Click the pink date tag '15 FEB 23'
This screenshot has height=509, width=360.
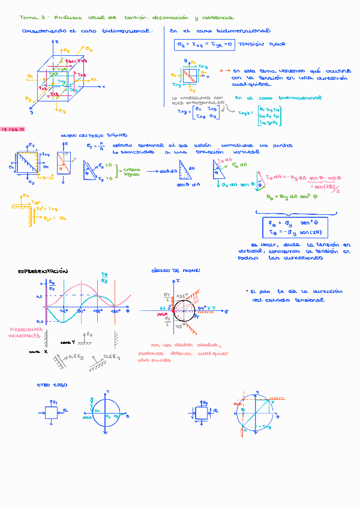tap(13, 129)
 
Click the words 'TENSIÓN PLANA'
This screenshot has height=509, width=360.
tap(262, 44)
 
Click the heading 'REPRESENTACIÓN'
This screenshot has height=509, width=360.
tap(43, 271)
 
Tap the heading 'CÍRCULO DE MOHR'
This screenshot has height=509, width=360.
tap(171, 271)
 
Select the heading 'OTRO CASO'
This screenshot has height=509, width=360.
tap(52, 385)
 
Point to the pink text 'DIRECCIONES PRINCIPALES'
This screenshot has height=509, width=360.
tap(25, 333)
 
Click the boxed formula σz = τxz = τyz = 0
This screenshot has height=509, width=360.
tap(203, 44)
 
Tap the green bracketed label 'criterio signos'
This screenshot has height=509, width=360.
tap(132, 172)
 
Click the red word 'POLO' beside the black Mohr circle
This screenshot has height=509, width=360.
tap(161, 314)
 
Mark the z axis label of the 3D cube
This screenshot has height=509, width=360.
tap(56, 42)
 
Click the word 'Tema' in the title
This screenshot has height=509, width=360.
tap(28, 18)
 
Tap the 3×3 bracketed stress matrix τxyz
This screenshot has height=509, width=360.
tap(268, 115)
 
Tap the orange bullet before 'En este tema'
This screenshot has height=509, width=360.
tap(221, 70)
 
